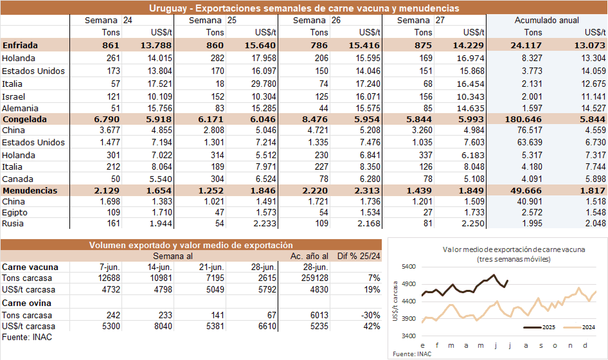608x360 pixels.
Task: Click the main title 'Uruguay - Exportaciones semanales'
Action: point(304,8)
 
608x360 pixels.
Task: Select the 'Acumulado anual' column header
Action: point(546,21)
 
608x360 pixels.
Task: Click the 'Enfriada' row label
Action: point(20,45)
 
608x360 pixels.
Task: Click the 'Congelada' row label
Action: point(23,118)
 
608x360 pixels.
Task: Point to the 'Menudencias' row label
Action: point(30,191)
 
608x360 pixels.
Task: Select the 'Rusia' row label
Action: point(14,223)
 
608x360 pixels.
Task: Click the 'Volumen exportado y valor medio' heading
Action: point(191,245)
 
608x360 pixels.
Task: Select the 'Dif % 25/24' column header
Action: point(357,256)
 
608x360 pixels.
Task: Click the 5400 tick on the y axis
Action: point(407,267)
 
